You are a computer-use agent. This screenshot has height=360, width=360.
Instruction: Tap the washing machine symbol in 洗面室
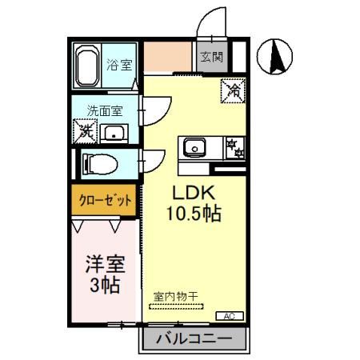click(x=85, y=130)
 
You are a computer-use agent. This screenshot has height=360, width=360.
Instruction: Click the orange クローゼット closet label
click(x=105, y=202)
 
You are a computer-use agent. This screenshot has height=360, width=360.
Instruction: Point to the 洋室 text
click(x=104, y=263)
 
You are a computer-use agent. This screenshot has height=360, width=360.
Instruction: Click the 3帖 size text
click(x=104, y=284)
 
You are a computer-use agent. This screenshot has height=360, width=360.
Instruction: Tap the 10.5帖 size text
click(x=193, y=214)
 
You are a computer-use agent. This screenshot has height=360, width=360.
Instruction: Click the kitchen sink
click(x=196, y=147)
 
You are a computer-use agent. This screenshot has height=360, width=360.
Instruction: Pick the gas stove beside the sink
click(x=233, y=147)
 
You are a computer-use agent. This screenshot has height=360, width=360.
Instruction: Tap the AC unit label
click(x=228, y=315)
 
